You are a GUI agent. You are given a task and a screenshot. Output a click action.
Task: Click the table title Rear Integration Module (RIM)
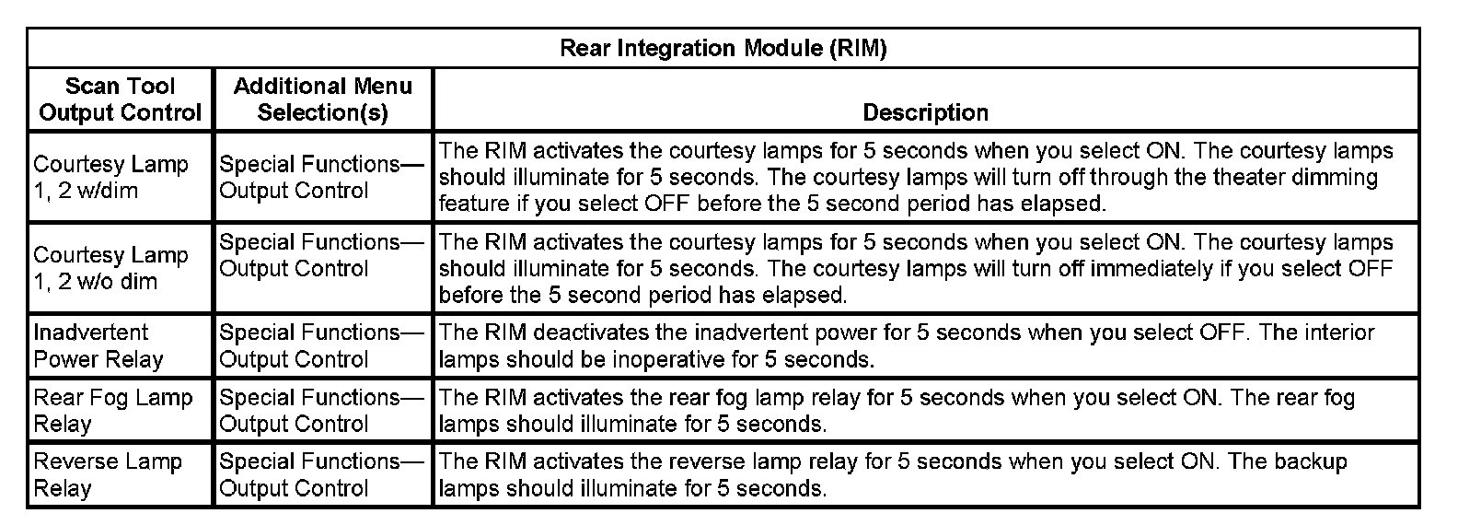(x=723, y=49)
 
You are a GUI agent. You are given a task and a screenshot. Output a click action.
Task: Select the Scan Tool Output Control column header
(x=120, y=99)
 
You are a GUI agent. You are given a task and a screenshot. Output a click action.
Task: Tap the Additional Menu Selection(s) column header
(x=322, y=99)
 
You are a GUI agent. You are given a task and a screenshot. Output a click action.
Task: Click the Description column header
(x=925, y=112)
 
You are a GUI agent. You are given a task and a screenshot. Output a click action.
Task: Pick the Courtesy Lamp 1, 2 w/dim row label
(x=110, y=177)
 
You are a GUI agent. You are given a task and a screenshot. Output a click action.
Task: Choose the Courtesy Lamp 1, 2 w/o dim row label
(x=110, y=267)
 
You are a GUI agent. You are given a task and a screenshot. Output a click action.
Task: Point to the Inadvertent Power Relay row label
(x=98, y=345)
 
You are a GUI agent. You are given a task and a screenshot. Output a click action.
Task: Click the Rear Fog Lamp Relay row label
(x=112, y=411)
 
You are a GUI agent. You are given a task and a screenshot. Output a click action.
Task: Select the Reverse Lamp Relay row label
(x=107, y=474)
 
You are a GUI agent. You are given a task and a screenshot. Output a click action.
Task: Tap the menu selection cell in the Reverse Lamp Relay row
(x=321, y=474)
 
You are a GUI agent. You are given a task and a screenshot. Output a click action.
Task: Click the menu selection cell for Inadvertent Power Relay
(x=321, y=345)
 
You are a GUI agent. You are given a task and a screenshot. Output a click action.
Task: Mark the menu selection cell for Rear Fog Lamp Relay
(x=321, y=411)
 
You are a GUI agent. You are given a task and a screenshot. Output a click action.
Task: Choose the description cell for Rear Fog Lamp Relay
(x=925, y=411)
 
